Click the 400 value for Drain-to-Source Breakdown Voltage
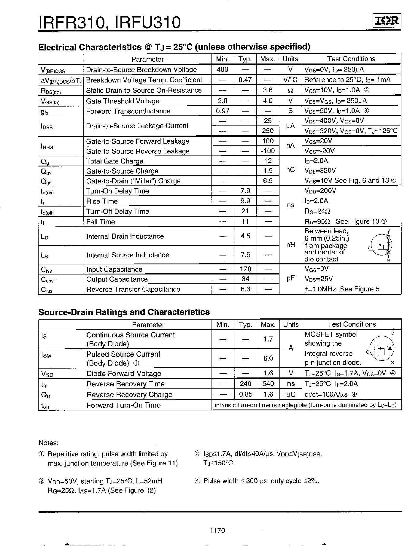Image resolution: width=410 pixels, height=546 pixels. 223,69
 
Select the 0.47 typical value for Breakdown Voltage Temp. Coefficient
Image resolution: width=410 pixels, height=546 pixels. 245,80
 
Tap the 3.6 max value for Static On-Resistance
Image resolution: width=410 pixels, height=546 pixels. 268,90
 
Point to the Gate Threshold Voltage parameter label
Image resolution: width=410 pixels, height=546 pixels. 123,101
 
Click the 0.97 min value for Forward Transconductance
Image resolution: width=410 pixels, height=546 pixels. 223,111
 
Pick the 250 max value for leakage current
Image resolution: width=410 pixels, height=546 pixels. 268,131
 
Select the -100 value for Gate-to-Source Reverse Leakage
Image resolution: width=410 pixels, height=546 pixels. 268,151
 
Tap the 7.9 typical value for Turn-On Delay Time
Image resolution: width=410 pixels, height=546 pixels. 245,191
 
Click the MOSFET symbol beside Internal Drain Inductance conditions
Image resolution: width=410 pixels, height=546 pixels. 381,245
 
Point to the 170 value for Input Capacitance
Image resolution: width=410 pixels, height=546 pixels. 245,269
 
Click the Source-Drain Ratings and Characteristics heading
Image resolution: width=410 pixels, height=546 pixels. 124,312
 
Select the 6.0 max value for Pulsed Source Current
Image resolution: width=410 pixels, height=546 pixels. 268,358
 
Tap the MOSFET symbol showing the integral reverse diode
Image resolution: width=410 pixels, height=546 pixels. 381,348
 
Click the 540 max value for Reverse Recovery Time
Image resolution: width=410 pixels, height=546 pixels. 268,384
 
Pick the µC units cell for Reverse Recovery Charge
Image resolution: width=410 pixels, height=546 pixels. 290,395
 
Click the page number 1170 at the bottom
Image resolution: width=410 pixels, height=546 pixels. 217,531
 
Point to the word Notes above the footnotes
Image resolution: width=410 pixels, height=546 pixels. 49,443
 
